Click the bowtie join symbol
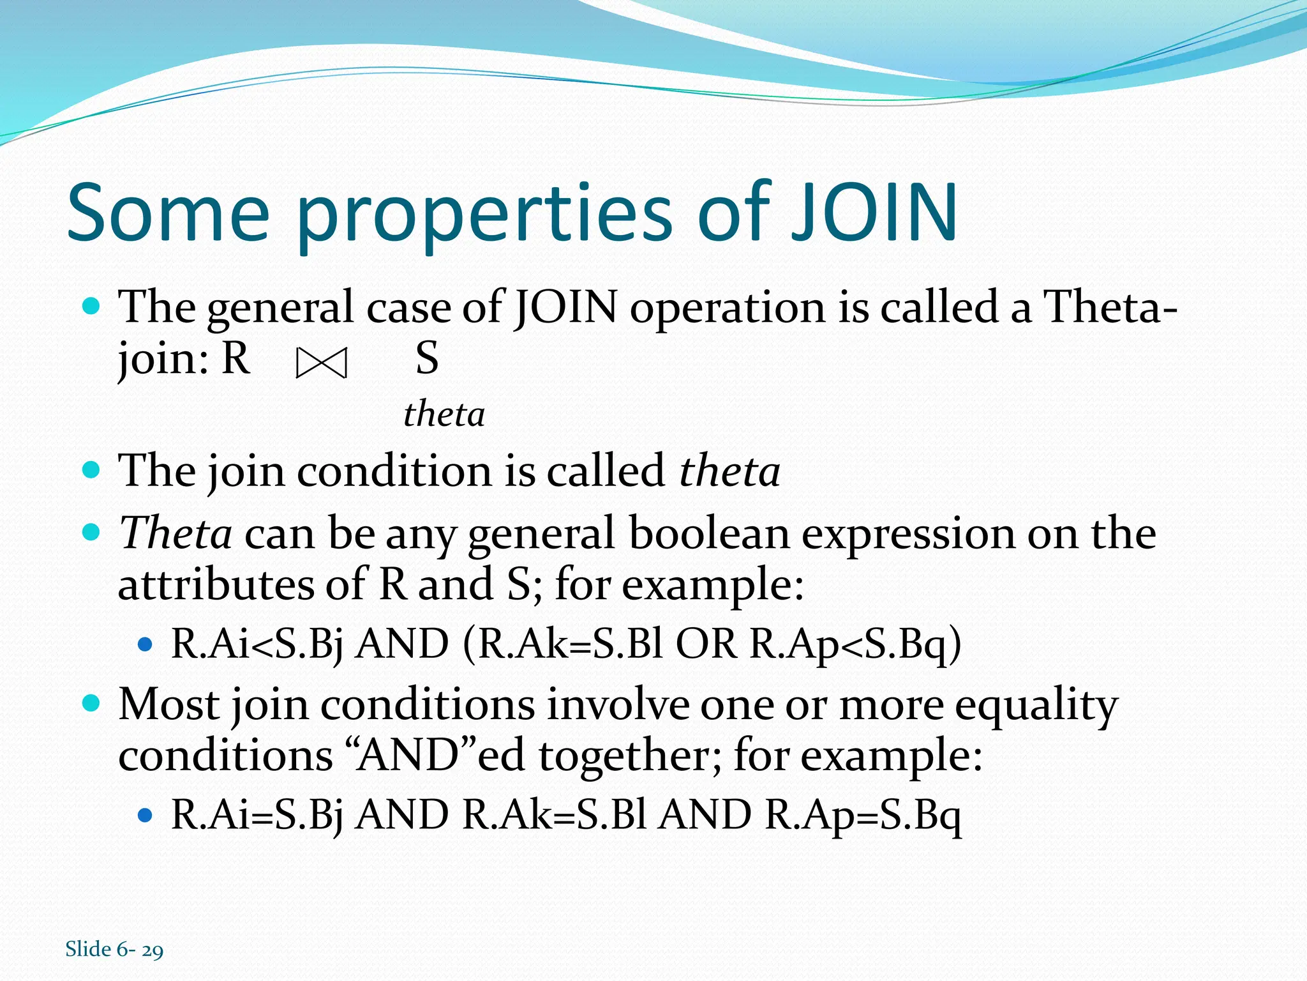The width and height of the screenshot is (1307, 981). click(x=322, y=364)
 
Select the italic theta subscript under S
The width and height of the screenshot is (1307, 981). click(x=444, y=414)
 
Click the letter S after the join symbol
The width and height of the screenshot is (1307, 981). click(x=426, y=358)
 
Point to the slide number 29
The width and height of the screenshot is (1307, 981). click(x=153, y=950)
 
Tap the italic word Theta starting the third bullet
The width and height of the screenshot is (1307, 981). click(x=176, y=533)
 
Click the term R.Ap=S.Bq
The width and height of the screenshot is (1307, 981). click(x=863, y=815)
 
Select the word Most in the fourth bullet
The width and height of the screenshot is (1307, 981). click(x=168, y=705)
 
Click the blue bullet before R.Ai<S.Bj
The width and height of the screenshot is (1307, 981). click(x=146, y=644)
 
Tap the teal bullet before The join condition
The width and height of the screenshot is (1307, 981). click(x=92, y=471)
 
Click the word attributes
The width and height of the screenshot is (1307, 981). click(x=215, y=584)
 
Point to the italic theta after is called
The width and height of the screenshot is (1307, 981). click(x=729, y=471)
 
